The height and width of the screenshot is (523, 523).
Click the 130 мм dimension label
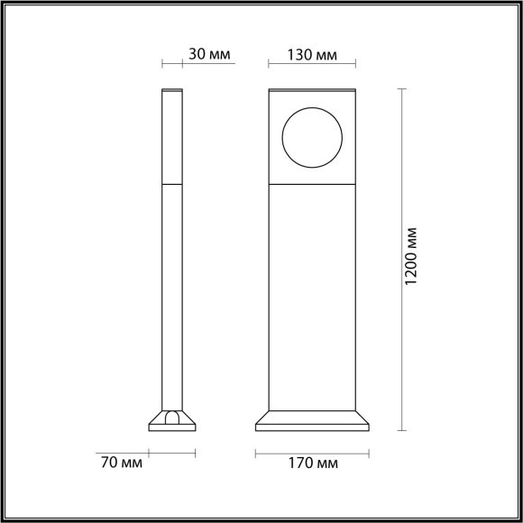point(313,54)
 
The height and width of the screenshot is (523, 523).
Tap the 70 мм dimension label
point(120,464)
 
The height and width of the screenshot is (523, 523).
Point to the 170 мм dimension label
point(313,464)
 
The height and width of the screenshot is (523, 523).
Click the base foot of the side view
point(172,421)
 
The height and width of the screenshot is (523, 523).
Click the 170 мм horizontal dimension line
point(313,452)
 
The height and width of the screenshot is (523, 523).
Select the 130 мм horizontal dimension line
point(313,65)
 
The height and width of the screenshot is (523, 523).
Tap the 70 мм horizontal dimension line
point(172,452)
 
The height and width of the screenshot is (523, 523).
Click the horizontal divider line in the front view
point(312,183)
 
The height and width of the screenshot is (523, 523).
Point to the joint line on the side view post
point(172,183)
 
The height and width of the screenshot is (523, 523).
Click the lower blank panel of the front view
point(312,298)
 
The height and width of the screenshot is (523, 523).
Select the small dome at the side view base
point(172,417)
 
